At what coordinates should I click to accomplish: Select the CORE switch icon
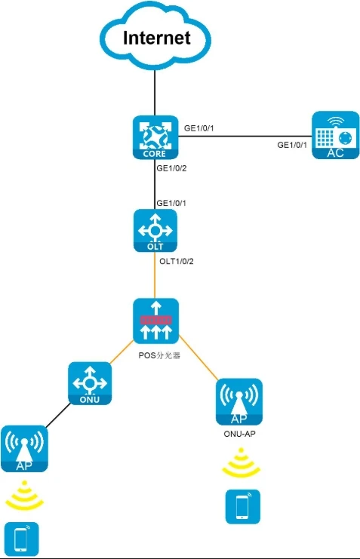coord(155,137)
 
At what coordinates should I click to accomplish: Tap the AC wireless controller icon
coord(335,135)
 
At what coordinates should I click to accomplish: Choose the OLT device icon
coord(155,231)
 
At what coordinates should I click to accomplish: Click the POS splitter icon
coord(156,321)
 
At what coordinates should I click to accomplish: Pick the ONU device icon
coord(90,383)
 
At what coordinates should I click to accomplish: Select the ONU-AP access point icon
coord(239,402)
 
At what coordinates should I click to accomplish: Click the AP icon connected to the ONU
coord(24,449)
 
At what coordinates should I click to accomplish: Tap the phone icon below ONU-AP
coord(242,507)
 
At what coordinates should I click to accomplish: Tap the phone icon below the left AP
coord(21,539)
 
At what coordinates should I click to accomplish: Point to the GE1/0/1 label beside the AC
coord(292,145)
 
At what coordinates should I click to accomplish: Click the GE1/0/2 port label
coord(171,168)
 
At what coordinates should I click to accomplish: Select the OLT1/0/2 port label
coord(177,261)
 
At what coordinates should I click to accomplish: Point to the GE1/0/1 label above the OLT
coord(171,203)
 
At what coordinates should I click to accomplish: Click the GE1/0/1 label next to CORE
coord(198,128)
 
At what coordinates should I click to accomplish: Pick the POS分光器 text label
coord(159,355)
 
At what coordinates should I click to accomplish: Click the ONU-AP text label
coord(239,434)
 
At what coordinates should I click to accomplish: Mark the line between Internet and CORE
coord(155,93)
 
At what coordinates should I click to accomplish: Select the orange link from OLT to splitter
coord(155,275)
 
